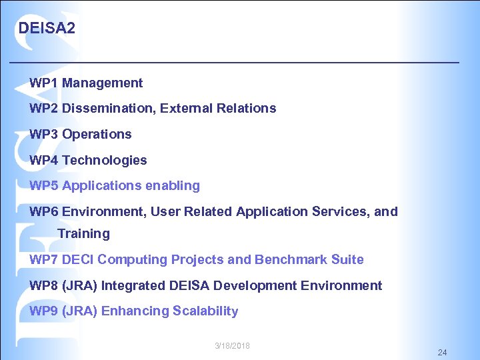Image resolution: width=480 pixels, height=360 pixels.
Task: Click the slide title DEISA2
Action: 47,29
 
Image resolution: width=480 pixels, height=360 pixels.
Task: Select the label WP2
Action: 44,108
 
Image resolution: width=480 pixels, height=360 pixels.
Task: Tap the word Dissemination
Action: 109,108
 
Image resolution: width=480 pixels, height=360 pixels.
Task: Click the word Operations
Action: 97,134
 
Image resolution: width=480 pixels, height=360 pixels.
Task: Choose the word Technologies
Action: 104,160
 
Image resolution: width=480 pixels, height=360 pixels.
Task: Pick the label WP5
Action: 44,185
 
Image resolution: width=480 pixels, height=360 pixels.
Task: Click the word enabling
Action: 174,185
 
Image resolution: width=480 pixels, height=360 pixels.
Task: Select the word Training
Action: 83,234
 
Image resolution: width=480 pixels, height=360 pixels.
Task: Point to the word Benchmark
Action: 291,259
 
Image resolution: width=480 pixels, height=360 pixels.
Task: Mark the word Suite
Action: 347,259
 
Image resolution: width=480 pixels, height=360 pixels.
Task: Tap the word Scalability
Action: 205,311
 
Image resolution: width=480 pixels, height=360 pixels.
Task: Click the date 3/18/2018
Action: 232,345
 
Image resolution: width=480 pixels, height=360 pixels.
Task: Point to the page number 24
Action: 443,352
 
